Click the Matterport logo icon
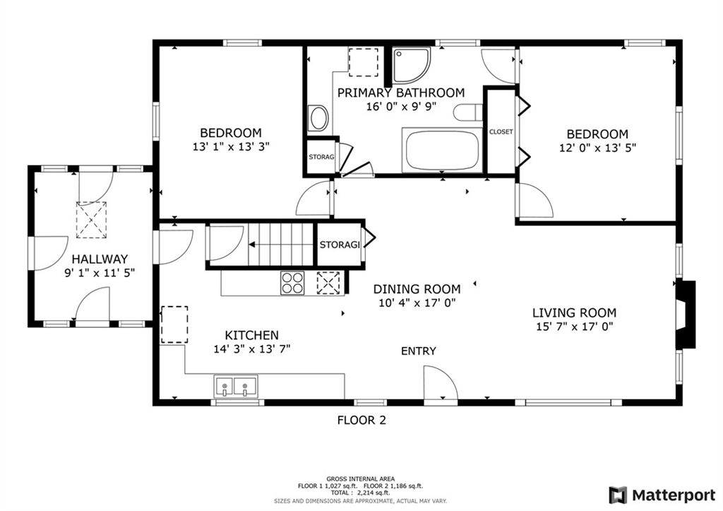(618, 495)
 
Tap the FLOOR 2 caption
(361, 420)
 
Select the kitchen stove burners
(293, 283)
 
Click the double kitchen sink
(236, 387)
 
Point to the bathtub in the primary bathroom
(442, 151)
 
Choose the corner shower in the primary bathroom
(412, 65)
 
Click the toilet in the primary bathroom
(467, 112)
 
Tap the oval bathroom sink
(318, 118)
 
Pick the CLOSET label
(501, 131)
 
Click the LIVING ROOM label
(574, 312)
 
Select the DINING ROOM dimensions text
(417, 303)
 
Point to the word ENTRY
(418, 351)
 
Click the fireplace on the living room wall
(686, 315)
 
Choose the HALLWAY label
(100, 259)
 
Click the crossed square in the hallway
(91, 220)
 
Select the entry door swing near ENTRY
(441, 384)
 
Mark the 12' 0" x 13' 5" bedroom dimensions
(597, 148)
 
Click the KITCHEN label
(252, 335)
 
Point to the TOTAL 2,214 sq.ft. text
(360, 493)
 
